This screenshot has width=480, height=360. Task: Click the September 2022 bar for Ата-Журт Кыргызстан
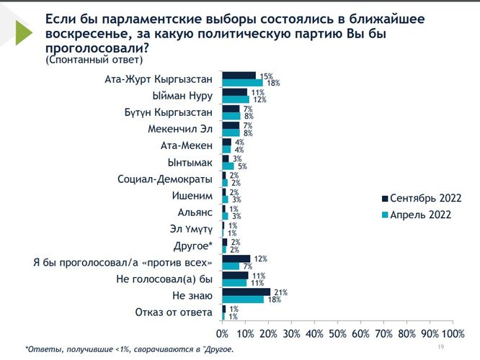point(239,76)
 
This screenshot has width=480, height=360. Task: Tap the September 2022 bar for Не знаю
point(246,292)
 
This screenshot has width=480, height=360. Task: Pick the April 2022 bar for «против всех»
point(230,266)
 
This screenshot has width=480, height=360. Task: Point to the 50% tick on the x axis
point(337,333)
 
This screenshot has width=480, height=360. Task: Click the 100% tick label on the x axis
point(453,333)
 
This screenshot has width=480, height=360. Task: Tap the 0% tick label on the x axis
point(222,333)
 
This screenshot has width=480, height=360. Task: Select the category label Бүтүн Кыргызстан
point(168,112)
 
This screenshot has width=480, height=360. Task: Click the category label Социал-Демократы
point(165,179)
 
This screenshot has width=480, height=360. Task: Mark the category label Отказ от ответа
point(174,312)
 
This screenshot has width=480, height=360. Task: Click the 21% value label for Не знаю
point(280,292)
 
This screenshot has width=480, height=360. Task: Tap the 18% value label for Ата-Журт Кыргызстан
point(273,84)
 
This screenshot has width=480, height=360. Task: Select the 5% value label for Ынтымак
point(241,166)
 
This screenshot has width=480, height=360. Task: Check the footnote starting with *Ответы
point(130,349)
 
